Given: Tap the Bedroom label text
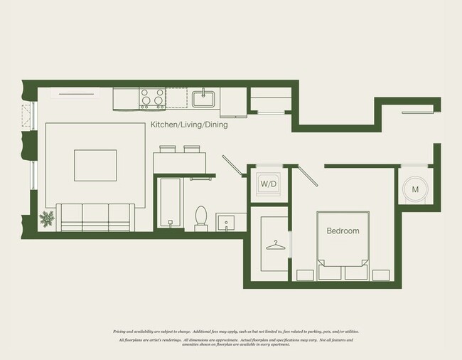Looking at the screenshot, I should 343,231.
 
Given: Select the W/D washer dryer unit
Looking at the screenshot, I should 268,184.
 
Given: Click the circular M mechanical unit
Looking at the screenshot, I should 414,189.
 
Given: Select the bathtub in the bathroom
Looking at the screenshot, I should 171,203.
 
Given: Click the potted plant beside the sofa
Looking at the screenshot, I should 48,219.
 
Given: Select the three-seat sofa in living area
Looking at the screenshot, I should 95,216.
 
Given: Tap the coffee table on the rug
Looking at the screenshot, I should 96,166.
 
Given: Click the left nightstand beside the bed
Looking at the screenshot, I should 305,274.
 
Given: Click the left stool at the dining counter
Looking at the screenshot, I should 167,149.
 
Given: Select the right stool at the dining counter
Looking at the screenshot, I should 192,149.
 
